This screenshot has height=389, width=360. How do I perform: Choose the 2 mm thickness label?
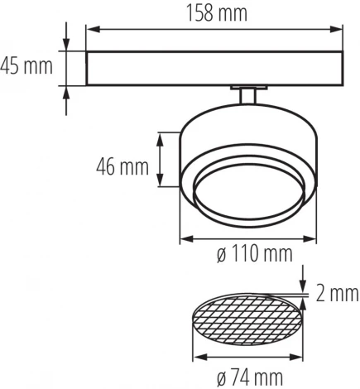tap(336, 292)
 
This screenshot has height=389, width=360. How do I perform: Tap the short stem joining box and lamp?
tap(247, 96)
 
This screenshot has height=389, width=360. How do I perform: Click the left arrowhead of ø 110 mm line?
tap(184, 240)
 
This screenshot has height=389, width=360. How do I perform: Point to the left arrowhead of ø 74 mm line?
tap(196, 358)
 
